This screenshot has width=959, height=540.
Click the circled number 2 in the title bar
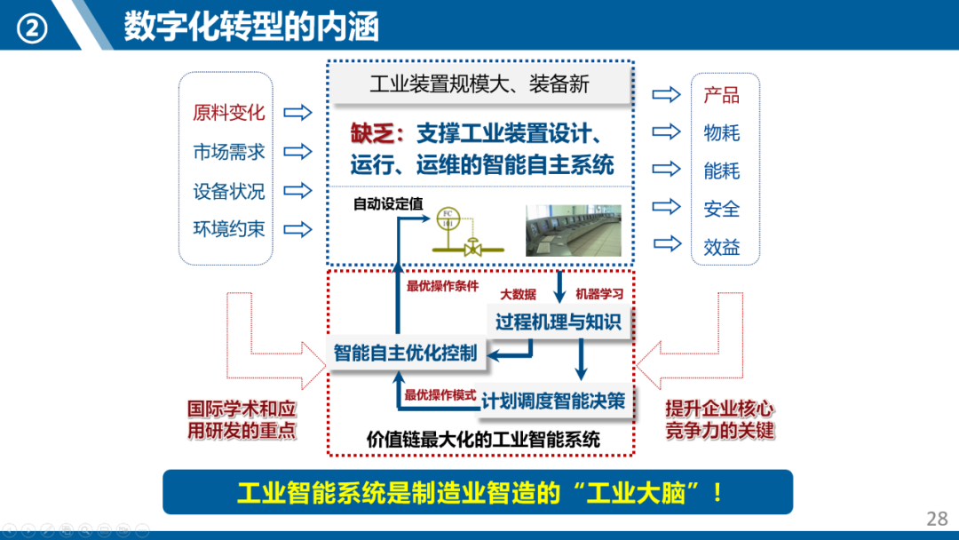click(34, 28)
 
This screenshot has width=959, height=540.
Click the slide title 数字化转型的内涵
click(251, 27)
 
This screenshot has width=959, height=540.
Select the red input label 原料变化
click(229, 113)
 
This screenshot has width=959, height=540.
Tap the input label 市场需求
click(229, 152)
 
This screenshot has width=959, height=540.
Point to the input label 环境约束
click(229, 228)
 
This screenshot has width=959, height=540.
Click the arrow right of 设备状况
click(298, 190)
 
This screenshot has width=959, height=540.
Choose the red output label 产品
click(722, 95)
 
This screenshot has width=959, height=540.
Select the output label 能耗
click(722, 171)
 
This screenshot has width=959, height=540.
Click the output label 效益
click(722, 247)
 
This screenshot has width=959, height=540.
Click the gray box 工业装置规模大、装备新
click(479, 85)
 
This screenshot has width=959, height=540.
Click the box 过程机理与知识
click(559, 322)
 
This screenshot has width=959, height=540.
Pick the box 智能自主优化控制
click(405, 353)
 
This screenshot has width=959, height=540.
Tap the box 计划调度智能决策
click(553, 401)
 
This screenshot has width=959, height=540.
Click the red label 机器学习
click(599, 294)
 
